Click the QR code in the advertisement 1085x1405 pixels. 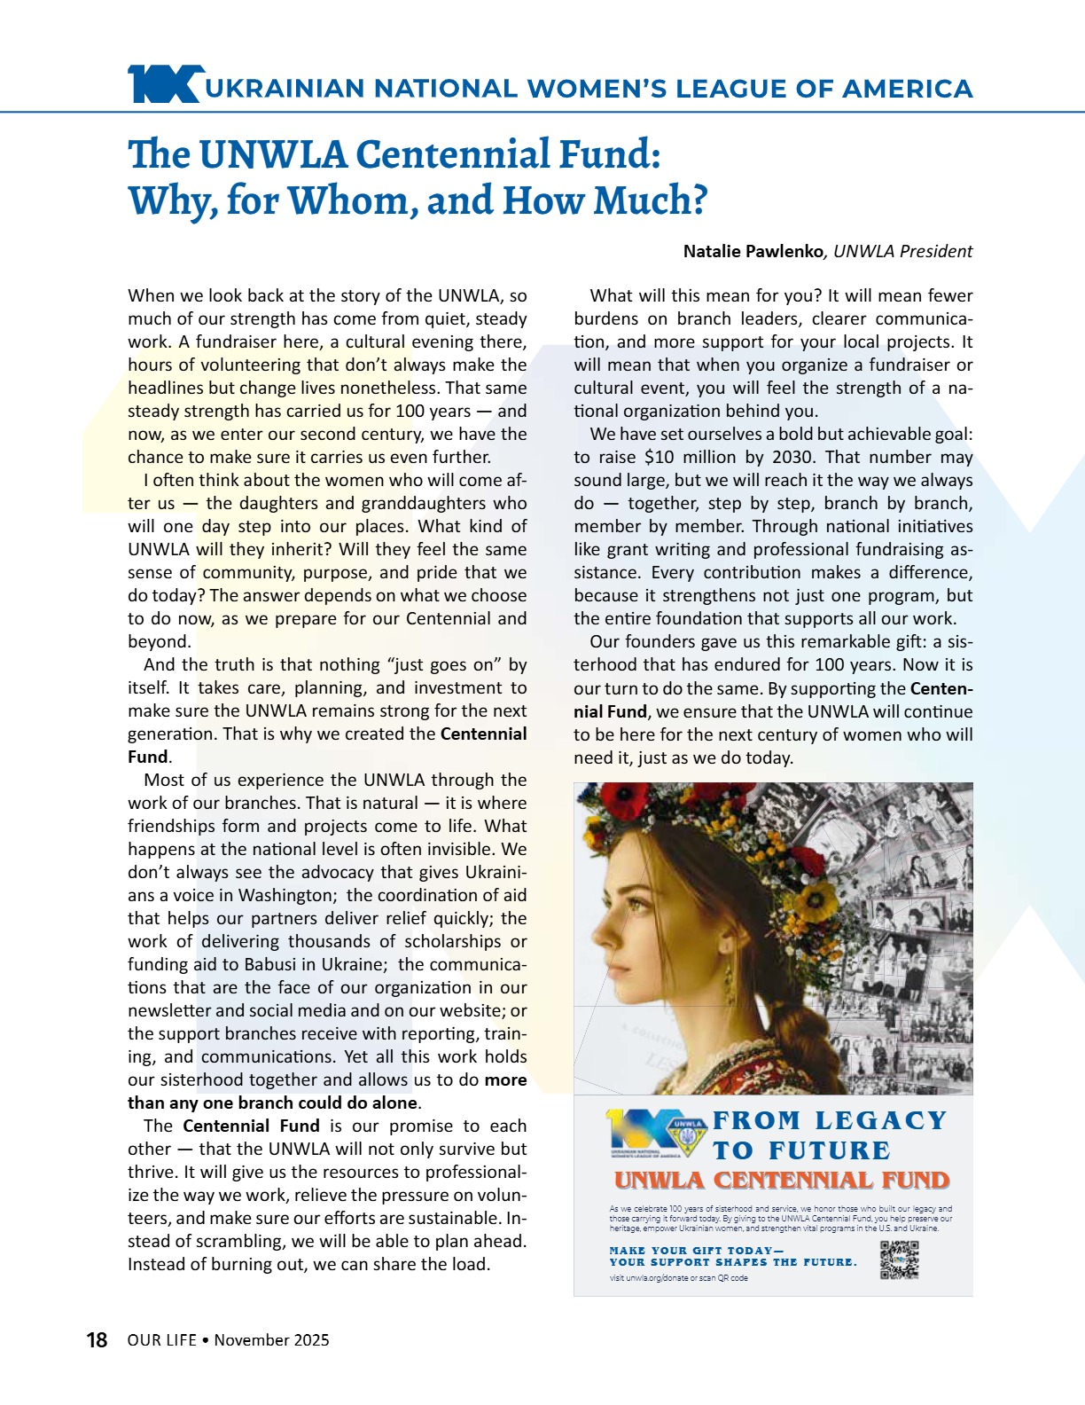[899, 1260]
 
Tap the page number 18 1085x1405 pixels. [97, 1340]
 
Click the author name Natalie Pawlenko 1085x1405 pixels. [753, 251]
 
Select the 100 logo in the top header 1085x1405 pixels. [165, 84]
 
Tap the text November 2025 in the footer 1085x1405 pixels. [271, 1340]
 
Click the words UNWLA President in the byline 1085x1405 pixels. [902, 251]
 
